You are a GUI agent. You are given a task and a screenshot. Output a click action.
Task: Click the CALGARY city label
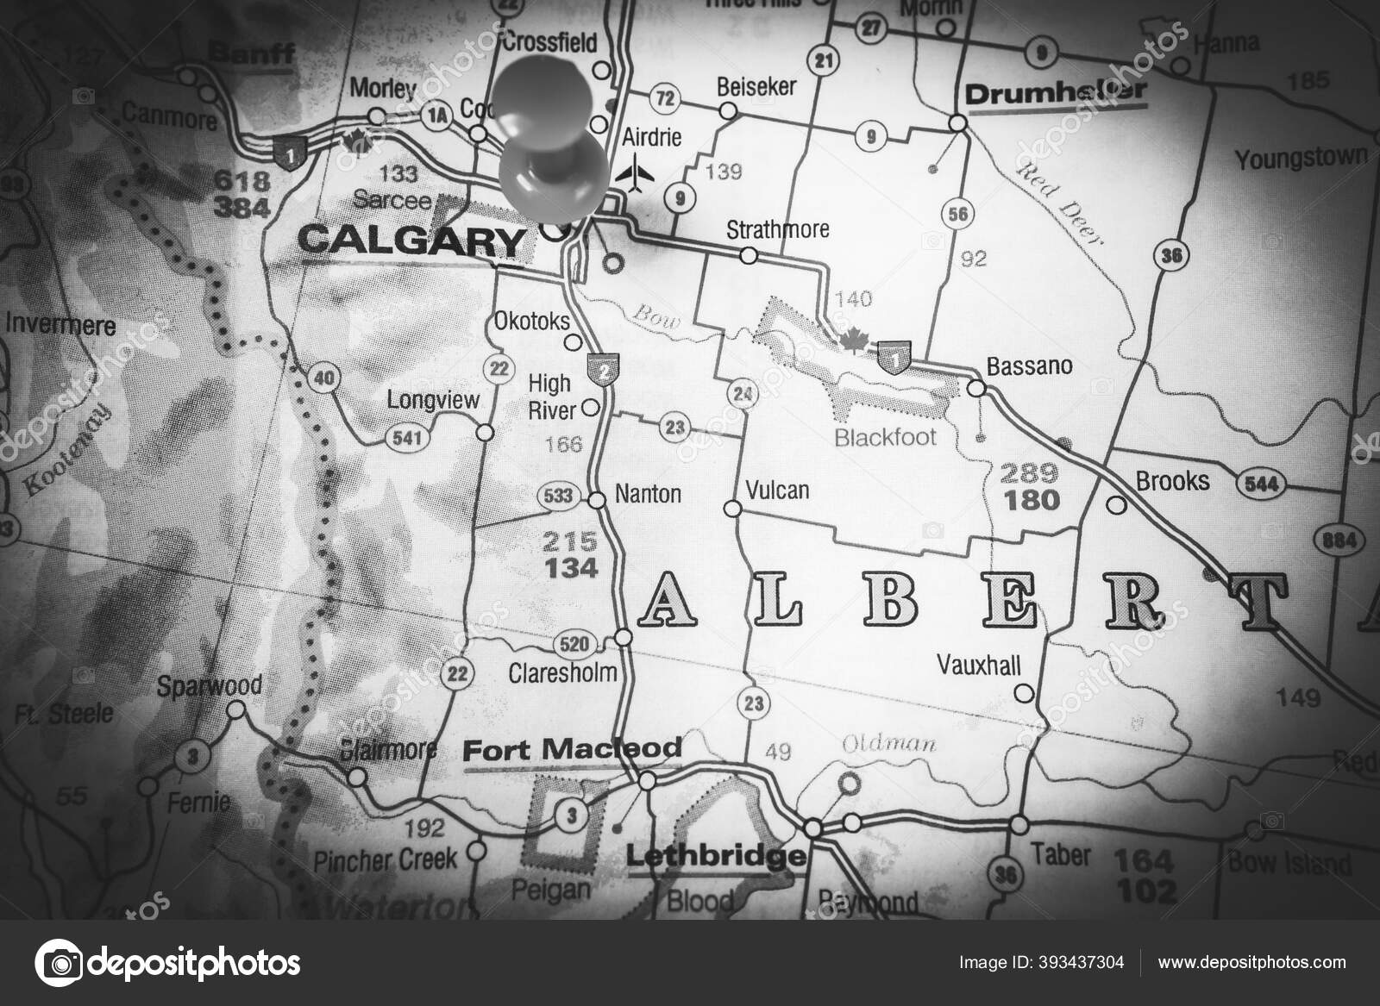[x=411, y=241]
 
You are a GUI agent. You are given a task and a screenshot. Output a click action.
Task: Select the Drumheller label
[x=1056, y=91]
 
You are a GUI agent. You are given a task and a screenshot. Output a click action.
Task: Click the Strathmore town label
[x=777, y=229]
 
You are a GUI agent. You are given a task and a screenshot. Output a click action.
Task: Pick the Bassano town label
[x=1029, y=366]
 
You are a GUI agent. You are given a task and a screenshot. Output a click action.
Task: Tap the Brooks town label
[x=1172, y=480]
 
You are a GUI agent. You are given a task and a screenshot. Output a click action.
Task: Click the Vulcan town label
[x=777, y=491]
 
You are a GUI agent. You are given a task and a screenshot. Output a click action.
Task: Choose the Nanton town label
[x=648, y=494]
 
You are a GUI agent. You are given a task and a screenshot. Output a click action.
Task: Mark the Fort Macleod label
[x=572, y=749]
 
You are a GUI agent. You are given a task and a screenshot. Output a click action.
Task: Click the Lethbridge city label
[x=715, y=857]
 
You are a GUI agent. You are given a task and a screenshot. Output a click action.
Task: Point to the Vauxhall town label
[x=979, y=665]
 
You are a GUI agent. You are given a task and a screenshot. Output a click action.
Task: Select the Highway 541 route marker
[x=406, y=437]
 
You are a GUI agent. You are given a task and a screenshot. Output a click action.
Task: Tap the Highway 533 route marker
[x=557, y=496]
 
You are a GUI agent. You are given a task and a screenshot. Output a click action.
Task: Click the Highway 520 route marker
[x=575, y=643]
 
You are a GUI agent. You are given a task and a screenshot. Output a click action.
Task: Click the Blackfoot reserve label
[x=885, y=437]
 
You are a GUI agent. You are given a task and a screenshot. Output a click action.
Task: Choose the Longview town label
[x=432, y=400]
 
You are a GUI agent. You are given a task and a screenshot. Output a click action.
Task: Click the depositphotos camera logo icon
[x=59, y=960]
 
